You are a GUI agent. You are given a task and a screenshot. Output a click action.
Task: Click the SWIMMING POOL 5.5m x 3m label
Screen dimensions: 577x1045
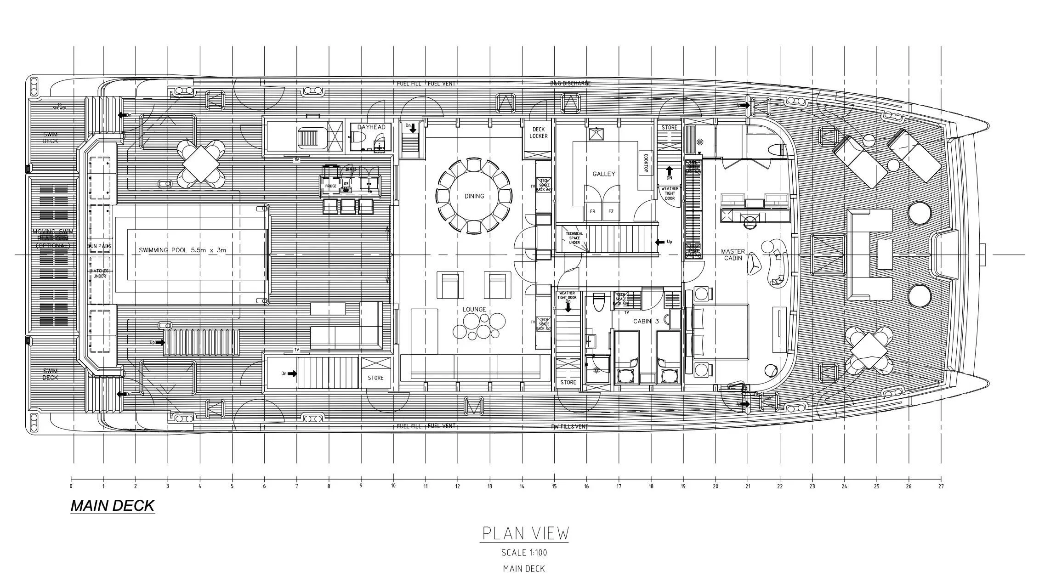click(182, 250)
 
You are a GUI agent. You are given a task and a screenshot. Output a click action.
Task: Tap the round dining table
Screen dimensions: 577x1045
click(474, 196)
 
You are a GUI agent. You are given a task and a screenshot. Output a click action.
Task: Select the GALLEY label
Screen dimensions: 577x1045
click(603, 174)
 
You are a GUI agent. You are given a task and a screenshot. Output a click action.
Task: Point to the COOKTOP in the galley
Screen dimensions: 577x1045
click(645, 163)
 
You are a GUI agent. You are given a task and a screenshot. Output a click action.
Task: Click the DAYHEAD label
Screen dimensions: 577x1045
click(371, 127)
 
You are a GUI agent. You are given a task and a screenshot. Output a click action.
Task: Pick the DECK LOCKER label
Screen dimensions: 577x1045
click(538, 133)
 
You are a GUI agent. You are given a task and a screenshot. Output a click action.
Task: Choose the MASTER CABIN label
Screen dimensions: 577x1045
click(733, 255)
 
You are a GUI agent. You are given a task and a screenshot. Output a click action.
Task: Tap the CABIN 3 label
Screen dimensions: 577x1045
click(646, 321)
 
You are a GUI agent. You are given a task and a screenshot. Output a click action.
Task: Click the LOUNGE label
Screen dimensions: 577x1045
click(474, 309)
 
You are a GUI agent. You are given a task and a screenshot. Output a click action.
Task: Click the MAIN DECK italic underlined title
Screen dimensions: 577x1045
click(113, 506)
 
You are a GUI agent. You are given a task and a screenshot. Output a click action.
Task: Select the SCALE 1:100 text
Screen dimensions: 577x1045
click(524, 553)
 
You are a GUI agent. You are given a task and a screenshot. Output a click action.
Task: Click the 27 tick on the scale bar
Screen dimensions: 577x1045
click(941, 486)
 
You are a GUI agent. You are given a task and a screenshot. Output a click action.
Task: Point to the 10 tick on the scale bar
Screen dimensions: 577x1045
click(393, 486)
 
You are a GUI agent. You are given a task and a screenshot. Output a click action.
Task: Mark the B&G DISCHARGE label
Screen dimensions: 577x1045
click(570, 84)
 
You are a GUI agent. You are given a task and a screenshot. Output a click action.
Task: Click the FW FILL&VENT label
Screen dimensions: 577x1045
click(569, 426)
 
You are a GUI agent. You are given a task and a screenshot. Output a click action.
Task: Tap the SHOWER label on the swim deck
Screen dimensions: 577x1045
click(59, 108)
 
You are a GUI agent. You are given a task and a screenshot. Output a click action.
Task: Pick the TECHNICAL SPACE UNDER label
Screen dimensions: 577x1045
click(574, 238)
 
